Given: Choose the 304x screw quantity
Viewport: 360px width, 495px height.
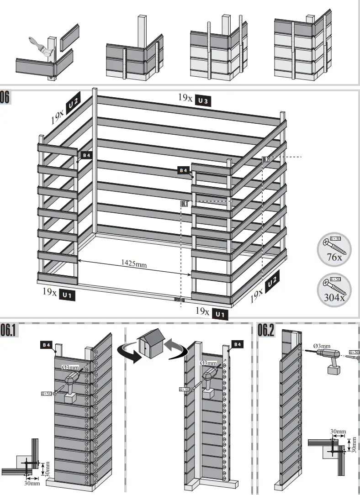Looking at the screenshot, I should [334, 298].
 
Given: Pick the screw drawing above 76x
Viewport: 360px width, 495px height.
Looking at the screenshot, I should [335, 245].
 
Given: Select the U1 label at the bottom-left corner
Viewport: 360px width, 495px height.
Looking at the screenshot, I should [67, 295].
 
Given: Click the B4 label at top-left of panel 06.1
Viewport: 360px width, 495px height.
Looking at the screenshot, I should [46, 345].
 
